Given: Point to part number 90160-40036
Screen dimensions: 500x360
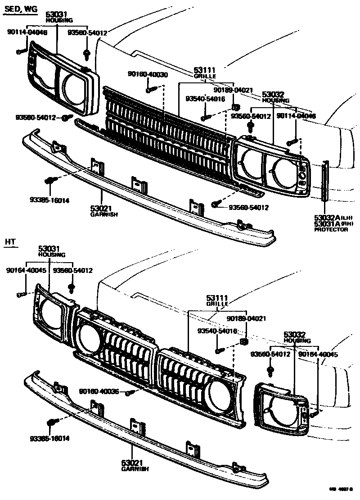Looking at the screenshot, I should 99,392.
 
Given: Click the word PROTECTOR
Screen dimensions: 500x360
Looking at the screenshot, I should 331,230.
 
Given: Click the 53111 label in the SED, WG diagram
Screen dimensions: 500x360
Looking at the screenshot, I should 205,70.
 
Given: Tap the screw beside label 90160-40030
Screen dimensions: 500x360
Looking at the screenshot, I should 150,90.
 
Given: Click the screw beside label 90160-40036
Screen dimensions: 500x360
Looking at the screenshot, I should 130,393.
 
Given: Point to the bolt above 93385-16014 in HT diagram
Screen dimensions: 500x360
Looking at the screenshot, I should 51,423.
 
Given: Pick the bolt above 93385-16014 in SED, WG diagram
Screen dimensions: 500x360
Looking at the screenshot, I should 50,181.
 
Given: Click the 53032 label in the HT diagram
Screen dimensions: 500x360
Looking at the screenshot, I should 295,335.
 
